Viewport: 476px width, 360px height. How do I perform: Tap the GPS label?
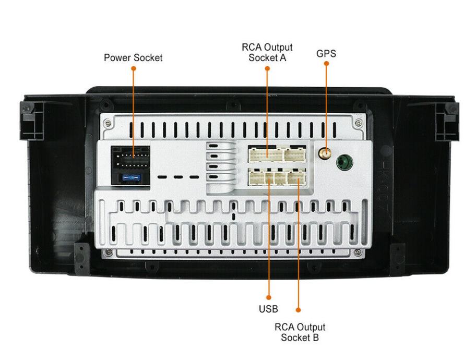pyautogui.click(x=327, y=53)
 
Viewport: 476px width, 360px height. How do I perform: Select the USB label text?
pyautogui.click(x=268, y=308)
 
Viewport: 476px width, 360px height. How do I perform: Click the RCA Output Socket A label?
pyautogui.click(x=267, y=53)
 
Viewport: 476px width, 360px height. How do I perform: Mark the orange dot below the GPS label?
pyautogui.click(x=327, y=64)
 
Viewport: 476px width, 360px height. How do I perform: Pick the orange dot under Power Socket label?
pyautogui.click(x=133, y=68)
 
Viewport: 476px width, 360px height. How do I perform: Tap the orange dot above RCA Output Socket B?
pyautogui.click(x=298, y=310)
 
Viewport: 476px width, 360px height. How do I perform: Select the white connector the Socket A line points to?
pyautogui.click(x=266, y=154)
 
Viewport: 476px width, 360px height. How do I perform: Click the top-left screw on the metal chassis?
pyautogui.click(x=107, y=124)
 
